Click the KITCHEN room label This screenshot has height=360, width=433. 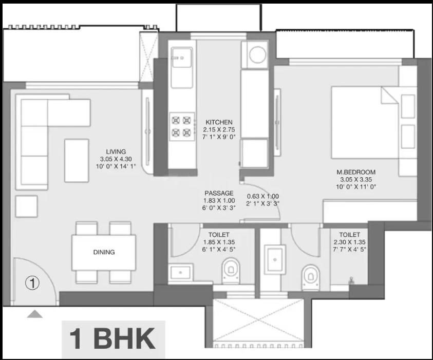click(219, 122)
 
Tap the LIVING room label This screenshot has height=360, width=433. click(116, 151)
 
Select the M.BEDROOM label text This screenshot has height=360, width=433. click(356, 172)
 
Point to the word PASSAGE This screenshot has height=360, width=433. click(219, 193)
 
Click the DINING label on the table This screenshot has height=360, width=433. click(104, 252)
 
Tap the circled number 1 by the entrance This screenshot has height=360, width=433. click(32, 283)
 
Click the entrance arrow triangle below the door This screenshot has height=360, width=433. click(35, 314)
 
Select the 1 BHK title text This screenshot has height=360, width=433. click(112, 339)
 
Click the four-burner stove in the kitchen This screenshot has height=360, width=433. click(182, 126)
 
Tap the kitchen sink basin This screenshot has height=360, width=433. click(182, 58)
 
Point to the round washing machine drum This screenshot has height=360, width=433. click(257, 54)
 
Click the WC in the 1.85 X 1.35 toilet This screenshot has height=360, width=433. click(231, 271)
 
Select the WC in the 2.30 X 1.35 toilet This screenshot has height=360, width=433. click(311, 277)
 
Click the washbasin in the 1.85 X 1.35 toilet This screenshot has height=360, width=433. click(181, 273)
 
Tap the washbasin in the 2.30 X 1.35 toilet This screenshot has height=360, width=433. click(275, 259)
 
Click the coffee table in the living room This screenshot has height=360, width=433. click(77, 161)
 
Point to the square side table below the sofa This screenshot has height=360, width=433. click(27, 206)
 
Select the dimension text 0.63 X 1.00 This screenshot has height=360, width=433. click(262, 196)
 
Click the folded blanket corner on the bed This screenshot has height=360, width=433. click(390, 96)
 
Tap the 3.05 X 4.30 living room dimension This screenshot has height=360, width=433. click(116, 159)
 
